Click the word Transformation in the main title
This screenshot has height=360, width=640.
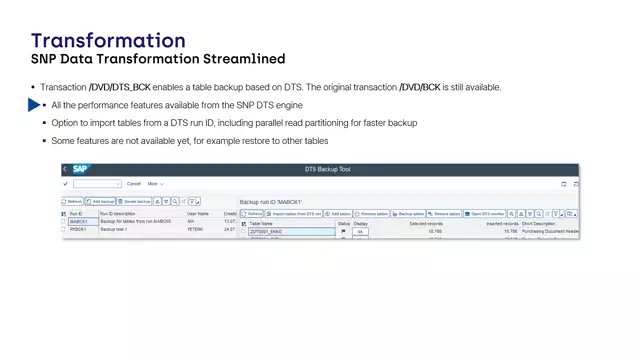[108, 40]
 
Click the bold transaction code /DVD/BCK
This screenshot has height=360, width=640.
[420, 88]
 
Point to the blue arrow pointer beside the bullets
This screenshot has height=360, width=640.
[34, 105]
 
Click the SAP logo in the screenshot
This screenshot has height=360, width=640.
[80, 169]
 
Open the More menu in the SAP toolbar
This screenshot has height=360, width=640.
[155, 184]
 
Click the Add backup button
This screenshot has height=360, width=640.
[103, 201]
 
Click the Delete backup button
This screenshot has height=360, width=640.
[137, 201]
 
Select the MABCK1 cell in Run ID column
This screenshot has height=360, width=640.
[78, 221]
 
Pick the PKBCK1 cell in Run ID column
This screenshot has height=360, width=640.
[78, 229]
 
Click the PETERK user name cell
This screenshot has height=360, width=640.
[197, 229]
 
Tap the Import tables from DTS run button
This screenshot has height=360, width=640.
[296, 214]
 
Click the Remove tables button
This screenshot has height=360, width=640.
[375, 214]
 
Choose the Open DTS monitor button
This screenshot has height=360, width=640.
[485, 214]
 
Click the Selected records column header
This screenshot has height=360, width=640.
[425, 223]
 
